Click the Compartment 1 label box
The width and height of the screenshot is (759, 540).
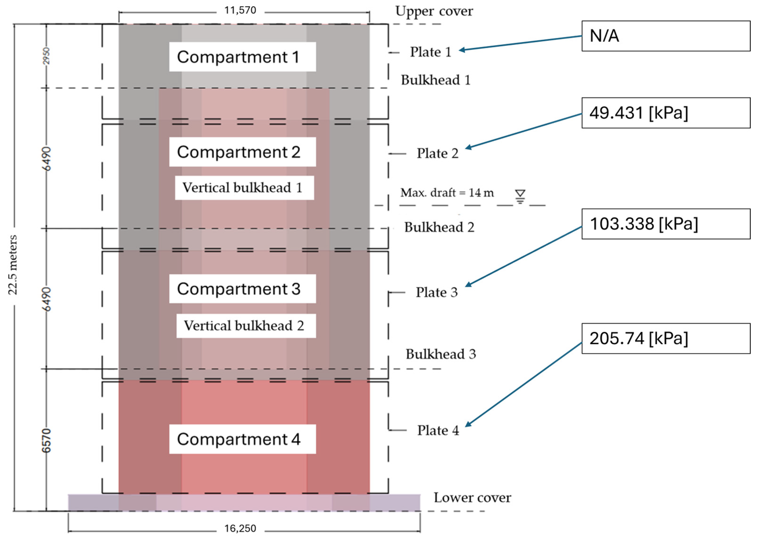coord(242,57)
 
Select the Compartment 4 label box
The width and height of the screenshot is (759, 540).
coord(242,439)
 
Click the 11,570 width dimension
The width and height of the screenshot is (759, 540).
coord(240,10)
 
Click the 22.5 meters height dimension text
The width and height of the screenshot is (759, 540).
coord(13,265)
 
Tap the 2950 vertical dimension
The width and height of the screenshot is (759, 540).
coord(46,56)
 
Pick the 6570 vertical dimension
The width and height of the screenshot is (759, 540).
coord(46,441)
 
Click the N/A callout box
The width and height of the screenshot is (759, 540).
coord(666,36)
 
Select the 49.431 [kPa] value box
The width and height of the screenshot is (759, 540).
coord(666,113)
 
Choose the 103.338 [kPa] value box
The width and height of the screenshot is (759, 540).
coord(666,224)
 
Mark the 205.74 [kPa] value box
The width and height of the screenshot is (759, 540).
coord(666,338)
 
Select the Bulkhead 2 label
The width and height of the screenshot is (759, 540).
coord(439,227)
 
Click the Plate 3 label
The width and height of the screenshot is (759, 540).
coord(436,293)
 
